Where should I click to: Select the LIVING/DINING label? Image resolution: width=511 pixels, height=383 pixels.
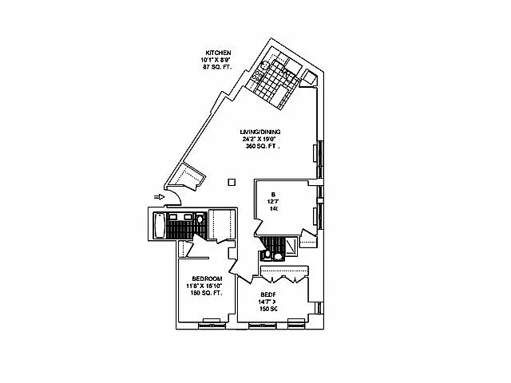tap(261, 132)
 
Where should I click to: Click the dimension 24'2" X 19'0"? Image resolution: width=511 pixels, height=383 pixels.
tap(261, 139)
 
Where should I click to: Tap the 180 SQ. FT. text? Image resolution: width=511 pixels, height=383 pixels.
tap(206, 293)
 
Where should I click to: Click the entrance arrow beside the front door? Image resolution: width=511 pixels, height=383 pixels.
tap(160, 196)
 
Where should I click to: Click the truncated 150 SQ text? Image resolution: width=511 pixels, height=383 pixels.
tap(268, 308)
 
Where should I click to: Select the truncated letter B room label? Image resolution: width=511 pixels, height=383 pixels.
tap(272, 193)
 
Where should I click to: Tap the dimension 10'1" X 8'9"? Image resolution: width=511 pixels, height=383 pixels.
tap(216, 59)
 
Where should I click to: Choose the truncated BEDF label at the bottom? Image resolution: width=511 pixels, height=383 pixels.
tap(268, 294)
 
